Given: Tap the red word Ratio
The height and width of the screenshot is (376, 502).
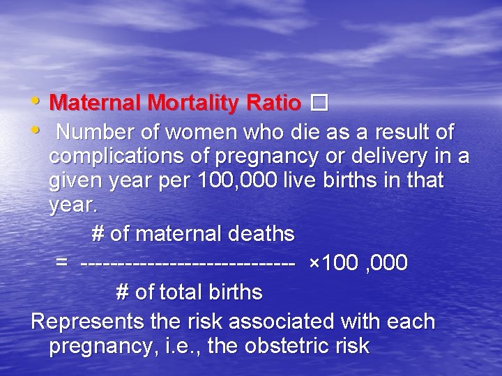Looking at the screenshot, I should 273,104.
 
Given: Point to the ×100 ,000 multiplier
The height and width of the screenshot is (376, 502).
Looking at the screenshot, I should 358,264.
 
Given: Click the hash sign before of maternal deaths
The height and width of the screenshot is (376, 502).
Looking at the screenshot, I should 98,233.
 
